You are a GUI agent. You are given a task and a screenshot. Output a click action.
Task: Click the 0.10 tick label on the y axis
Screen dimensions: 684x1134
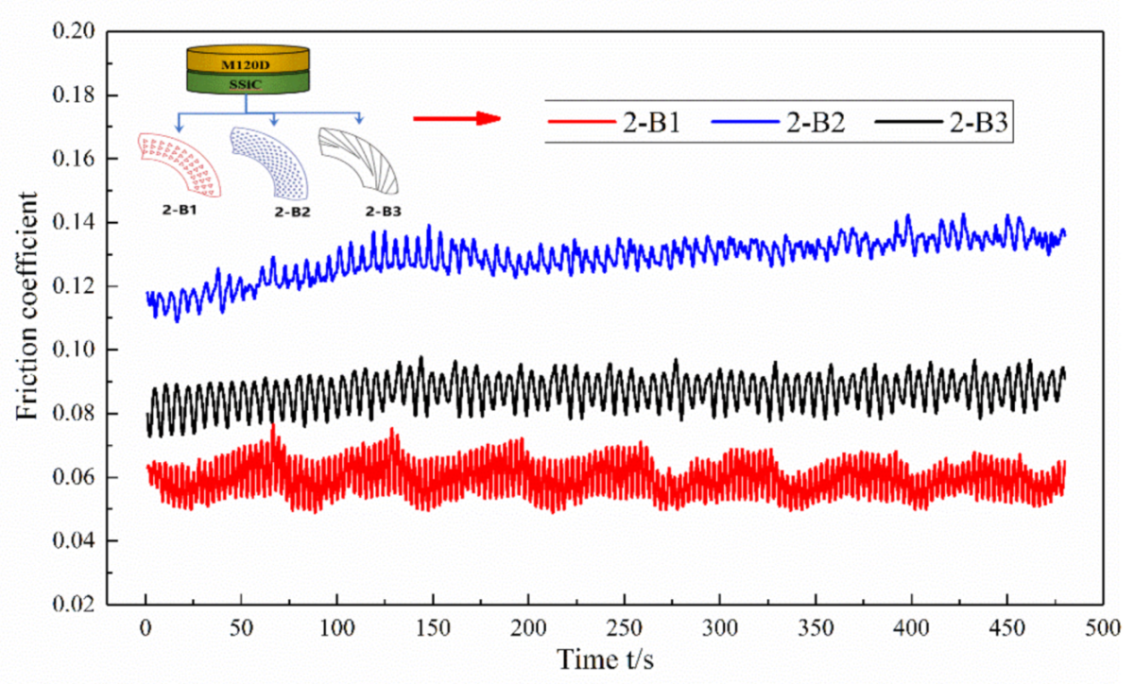point(77,351)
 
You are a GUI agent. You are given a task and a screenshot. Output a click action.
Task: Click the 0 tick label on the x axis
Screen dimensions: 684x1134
point(146,627)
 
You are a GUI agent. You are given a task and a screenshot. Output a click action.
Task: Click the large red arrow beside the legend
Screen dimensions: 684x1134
point(456,118)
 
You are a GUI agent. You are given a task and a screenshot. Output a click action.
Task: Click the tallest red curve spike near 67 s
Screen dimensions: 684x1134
point(273,427)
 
